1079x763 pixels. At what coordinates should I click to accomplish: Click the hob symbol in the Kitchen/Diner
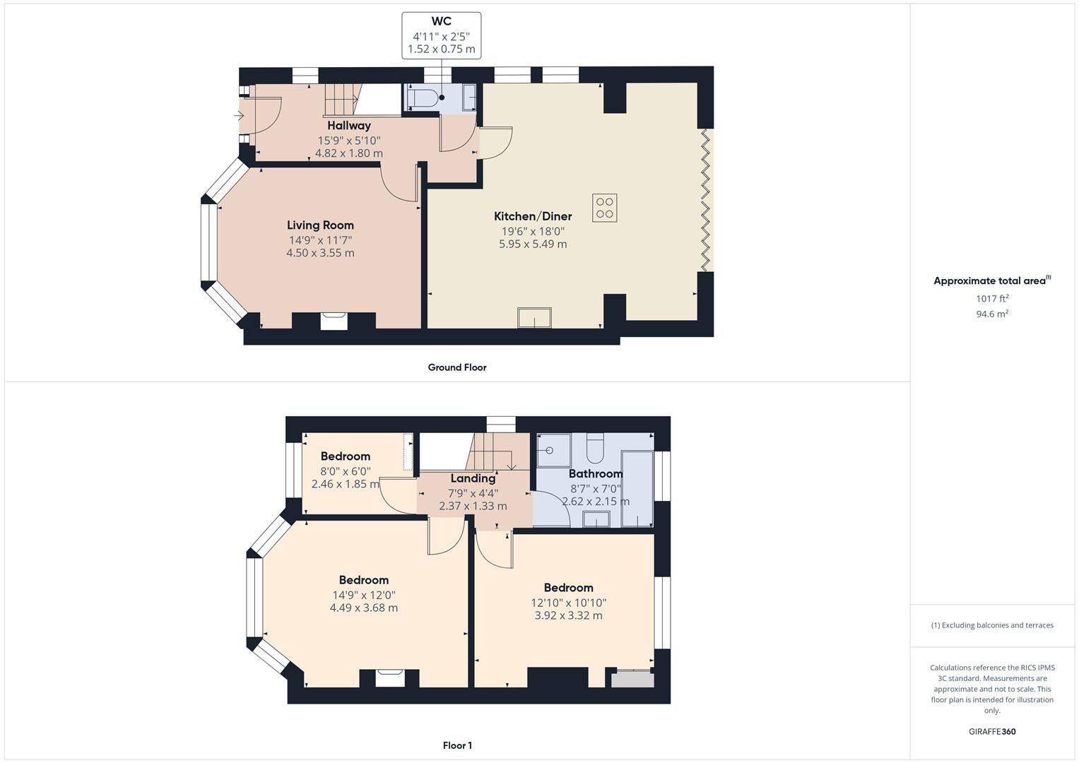point(604,208)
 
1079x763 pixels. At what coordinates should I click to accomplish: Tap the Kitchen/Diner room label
point(532,216)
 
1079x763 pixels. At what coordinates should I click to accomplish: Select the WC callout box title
point(441,22)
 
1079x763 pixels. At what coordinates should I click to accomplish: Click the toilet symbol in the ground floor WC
point(423,98)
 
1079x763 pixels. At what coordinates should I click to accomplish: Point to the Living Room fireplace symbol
point(334,321)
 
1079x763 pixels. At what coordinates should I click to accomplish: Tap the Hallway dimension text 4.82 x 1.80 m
point(349,153)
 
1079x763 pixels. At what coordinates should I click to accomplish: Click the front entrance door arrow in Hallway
point(240,115)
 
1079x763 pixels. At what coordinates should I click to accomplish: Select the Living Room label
point(320,225)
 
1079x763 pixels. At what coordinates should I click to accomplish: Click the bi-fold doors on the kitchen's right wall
point(705,199)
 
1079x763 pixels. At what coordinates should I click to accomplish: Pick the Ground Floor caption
point(456,367)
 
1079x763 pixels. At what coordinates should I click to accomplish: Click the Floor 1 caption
point(457,745)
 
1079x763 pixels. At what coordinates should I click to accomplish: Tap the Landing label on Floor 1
point(473,478)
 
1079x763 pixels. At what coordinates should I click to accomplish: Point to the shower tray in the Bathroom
point(553,450)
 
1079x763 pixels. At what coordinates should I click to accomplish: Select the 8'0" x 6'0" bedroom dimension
point(346,471)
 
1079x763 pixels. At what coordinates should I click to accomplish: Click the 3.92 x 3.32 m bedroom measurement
point(568,615)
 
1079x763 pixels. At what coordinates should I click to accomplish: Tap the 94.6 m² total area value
point(991,314)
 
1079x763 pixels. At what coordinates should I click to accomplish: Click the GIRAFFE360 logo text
point(991,732)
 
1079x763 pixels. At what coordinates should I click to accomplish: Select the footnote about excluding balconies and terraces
point(991,625)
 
